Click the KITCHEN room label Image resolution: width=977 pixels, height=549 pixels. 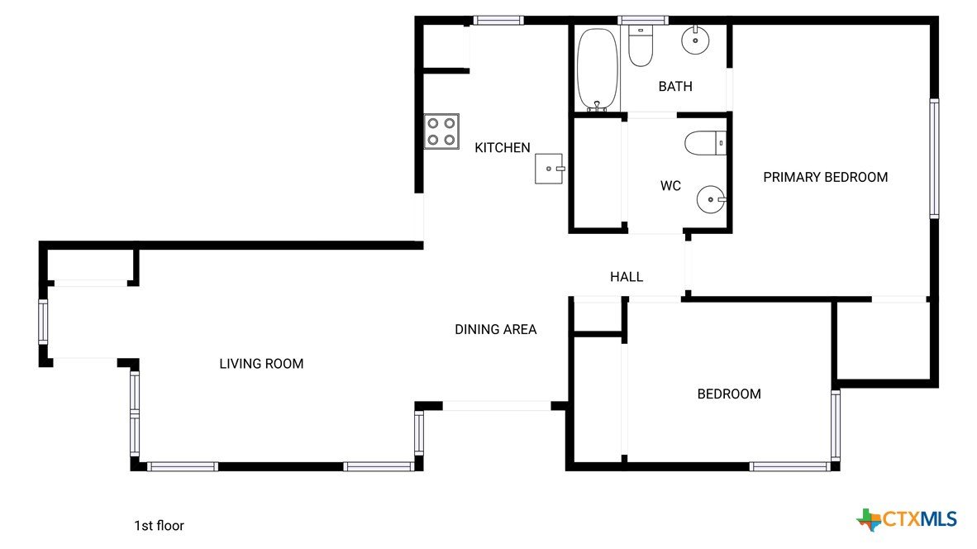(503, 148)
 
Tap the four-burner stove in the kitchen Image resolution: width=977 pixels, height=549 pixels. (441, 131)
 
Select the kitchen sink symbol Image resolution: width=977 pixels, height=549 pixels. (549, 169)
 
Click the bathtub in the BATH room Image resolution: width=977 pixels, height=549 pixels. (597, 69)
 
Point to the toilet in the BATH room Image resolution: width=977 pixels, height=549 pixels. (641, 45)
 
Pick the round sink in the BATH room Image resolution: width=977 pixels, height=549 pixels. (695, 41)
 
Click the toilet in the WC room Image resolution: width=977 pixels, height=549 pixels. (705, 143)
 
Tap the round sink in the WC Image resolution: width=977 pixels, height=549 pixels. (711, 199)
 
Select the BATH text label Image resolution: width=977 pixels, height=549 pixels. (675, 87)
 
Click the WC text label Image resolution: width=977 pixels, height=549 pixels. (670, 186)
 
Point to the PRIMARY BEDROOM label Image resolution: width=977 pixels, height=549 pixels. (826, 177)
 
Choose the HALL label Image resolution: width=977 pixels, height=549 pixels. (627, 277)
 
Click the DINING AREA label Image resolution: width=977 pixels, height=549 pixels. (495, 330)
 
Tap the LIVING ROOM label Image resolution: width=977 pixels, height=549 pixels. (262, 364)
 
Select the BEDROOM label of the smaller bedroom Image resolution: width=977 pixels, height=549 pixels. (729, 394)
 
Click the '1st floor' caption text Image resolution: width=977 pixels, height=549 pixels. (159, 526)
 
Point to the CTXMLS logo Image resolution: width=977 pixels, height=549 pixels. (907, 519)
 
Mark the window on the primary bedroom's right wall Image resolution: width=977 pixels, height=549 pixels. (934, 158)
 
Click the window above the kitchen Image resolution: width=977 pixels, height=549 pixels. (498, 21)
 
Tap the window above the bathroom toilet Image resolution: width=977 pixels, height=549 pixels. (643, 21)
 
